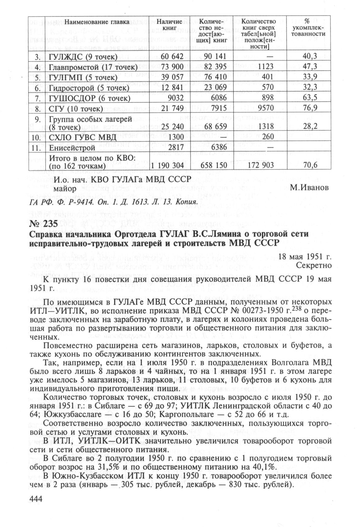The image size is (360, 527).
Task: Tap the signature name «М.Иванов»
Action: (x=310, y=188)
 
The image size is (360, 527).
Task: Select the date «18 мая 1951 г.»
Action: (x=305, y=257)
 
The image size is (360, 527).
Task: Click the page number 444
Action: (x=35, y=508)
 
